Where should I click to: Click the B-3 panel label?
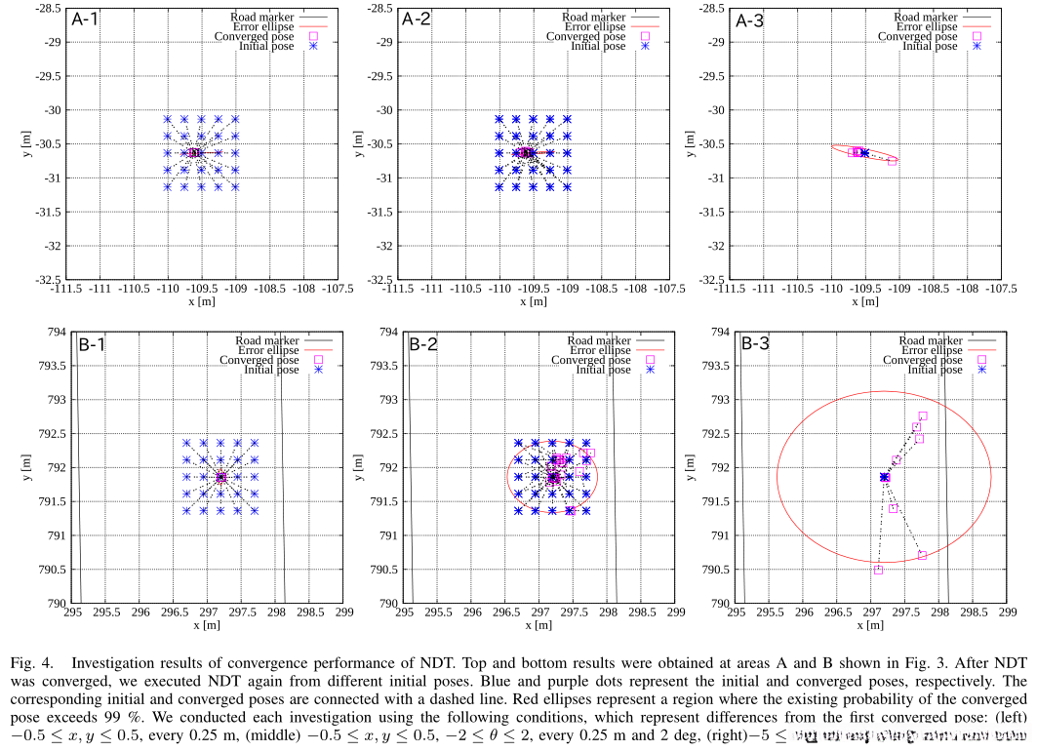[x=755, y=343]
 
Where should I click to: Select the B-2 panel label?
[x=423, y=343]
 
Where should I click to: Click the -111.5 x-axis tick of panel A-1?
[x=65, y=290]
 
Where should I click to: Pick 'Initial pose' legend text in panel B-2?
[x=602, y=370]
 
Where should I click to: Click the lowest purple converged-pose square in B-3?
[x=878, y=570]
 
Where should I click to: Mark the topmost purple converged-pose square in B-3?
[x=923, y=415]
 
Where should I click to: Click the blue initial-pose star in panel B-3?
[x=885, y=477]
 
